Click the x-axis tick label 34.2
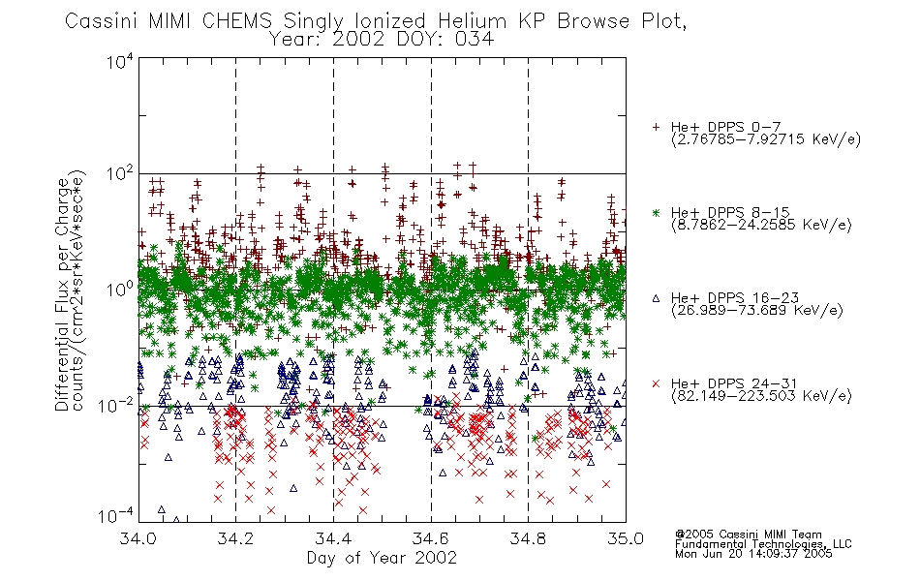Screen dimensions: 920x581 [235, 538]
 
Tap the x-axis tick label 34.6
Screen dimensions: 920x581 [431, 538]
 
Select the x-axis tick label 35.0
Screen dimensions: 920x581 [626, 538]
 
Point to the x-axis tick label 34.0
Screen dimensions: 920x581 [138, 538]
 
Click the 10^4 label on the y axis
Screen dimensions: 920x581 [119, 61]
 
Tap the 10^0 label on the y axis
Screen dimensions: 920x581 [119, 289]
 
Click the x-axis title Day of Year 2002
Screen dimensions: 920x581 [382, 558]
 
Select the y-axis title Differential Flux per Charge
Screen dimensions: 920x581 [62, 294]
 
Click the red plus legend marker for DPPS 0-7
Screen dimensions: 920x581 [656, 127]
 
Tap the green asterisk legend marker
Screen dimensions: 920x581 [656, 212]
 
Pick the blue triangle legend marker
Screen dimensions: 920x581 [656, 298]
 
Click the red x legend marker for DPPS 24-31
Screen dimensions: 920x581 [656, 383]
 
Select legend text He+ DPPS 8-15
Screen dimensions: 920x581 [730, 212]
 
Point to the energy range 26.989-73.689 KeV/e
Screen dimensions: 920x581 [757, 310]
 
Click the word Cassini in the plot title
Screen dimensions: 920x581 [101, 21]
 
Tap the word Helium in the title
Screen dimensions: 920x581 [472, 21]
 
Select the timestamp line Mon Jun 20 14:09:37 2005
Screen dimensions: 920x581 [753, 554]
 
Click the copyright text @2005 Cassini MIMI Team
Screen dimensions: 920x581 [748, 535]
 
